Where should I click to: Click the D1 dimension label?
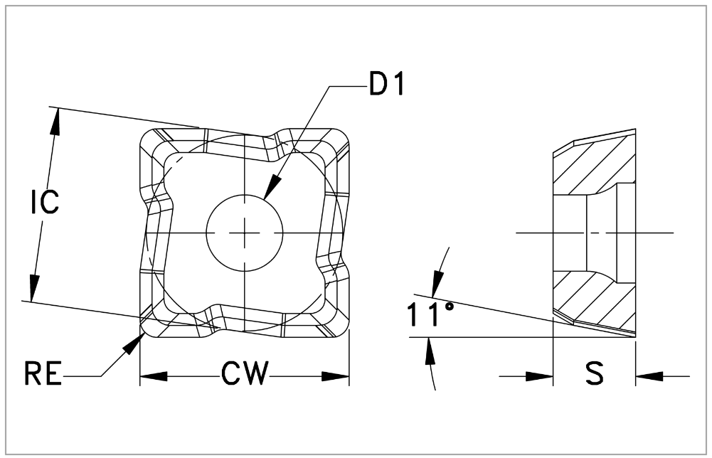387,85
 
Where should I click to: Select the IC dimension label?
44,203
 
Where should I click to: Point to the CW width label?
244,374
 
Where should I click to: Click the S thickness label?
595,374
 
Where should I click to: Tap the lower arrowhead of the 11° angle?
430,350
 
